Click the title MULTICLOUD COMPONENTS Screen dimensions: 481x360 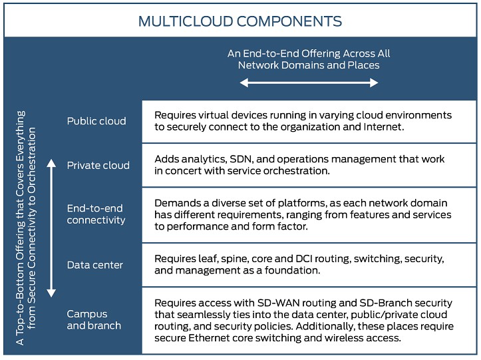pos(240,21)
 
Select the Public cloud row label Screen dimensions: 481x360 pos(96,121)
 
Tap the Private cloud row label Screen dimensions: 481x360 pos(98,166)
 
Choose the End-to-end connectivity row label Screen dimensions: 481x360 pos(96,214)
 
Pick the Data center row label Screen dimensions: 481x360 pos(94,265)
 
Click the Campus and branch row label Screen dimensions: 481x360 pos(94,319)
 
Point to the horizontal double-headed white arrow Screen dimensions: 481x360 pos(309,83)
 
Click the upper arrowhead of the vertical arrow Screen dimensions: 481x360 pos(51,163)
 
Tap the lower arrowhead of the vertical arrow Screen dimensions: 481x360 pos(51,293)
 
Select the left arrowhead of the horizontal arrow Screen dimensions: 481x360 pos(244,83)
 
